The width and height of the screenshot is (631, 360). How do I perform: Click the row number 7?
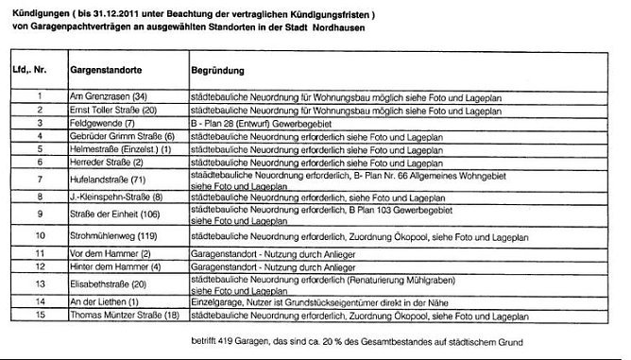pyautogui.click(x=41, y=180)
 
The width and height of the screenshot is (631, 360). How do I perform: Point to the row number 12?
pyautogui.click(x=41, y=266)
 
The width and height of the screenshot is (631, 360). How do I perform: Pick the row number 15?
pyautogui.click(x=41, y=314)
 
